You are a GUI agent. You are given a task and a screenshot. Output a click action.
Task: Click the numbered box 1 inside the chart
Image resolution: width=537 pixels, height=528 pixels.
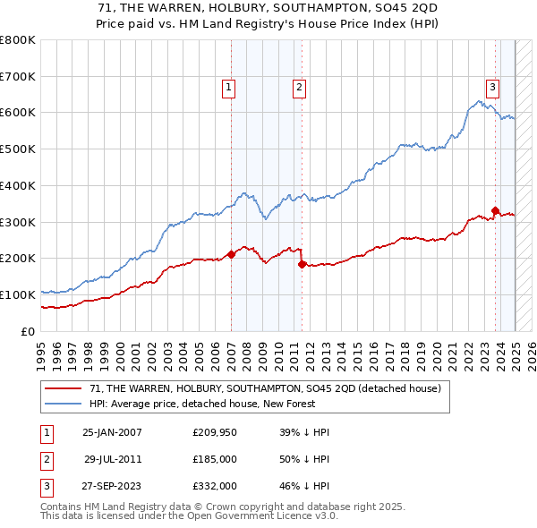tap(229, 88)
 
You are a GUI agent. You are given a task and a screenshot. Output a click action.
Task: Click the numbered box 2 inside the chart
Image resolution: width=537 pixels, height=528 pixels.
tap(299, 88)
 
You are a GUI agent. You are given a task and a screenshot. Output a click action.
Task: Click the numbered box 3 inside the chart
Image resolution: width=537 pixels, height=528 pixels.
tap(493, 88)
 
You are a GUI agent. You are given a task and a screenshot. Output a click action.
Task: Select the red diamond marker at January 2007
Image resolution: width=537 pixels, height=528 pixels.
tap(231, 254)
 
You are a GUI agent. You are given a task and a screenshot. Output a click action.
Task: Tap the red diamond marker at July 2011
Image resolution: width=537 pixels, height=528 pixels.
tap(302, 264)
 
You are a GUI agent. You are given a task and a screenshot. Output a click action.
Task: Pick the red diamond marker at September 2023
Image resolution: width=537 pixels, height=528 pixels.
tap(495, 210)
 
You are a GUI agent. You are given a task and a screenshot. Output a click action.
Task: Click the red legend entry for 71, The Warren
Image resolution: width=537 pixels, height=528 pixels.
tap(265, 388)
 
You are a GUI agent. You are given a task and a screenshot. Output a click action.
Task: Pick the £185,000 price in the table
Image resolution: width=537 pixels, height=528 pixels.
tap(215, 458)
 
